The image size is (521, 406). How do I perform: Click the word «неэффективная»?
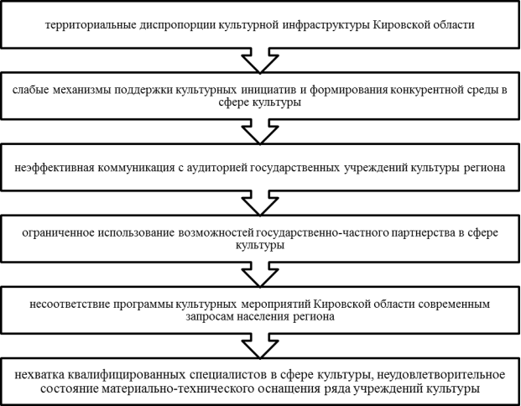(55, 168)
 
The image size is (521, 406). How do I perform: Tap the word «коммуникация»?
(136, 168)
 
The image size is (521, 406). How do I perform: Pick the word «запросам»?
(210, 316)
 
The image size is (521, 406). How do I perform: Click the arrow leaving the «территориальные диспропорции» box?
(260, 60)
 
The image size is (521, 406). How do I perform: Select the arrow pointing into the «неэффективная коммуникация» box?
(260, 132)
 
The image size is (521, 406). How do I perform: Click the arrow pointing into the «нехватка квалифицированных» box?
(260, 346)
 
